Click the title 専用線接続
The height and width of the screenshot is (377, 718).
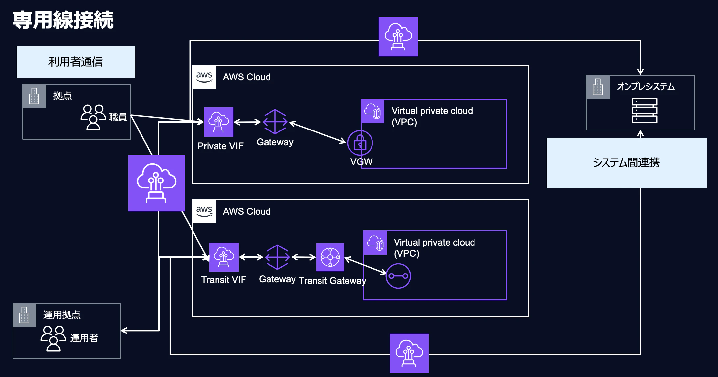pyautogui.click(x=63, y=20)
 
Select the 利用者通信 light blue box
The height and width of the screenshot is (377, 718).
pyautogui.click(x=76, y=62)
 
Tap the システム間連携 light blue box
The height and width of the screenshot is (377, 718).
pyautogui.click(x=627, y=163)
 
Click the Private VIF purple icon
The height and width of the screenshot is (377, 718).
pyautogui.click(x=218, y=122)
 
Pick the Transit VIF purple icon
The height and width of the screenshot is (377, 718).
pyautogui.click(x=224, y=257)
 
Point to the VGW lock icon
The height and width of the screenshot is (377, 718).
pyautogui.click(x=360, y=143)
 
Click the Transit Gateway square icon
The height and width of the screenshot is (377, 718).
pyautogui.click(x=330, y=257)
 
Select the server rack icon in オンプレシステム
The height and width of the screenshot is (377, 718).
pyautogui.click(x=645, y=110)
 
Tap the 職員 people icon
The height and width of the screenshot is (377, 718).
pyautogui.click(x=93, y=117)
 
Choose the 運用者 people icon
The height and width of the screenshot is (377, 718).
pyautogui.click(x=53, y=338)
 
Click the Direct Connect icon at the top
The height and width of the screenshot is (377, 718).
pyautogui.click(x=398, y=37)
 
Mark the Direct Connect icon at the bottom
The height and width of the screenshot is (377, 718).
pyautogui.click(x=409, y=353)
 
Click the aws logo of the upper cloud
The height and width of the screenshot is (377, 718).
pyautogui.click(x=204, y=77)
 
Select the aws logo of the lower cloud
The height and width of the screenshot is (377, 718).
pyautogui.click(x=204, y=211)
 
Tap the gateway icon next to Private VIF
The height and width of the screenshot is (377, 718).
pyautogui.click(x=275, y=122)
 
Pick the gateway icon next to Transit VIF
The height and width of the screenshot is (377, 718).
pyautogui.click(x=277, y=257)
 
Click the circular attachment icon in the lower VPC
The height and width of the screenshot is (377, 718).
pyautogui.click(x=398, y=276)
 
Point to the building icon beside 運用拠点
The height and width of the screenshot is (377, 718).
pyautogui.click(x=24, y=315)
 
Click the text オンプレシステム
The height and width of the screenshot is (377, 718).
pyautogui.click(x=646, y=86)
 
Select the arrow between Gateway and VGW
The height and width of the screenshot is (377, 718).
pyautogui.click(x=318, y=132)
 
